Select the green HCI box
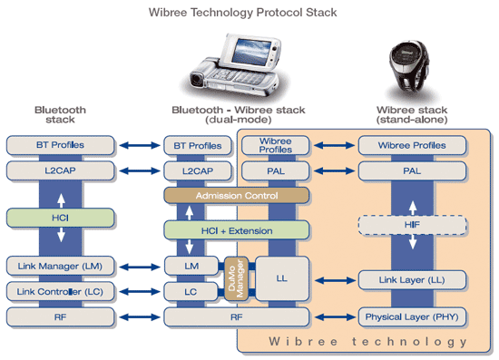(x=60, y=218)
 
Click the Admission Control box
(x=236, y=195)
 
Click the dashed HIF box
(x=413, y=223)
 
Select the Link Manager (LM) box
(x=60, y=266)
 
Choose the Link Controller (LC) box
(x=60, y=291)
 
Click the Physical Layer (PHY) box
(x=413, y=317)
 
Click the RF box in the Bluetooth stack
(x=60, y=317)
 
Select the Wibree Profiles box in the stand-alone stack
(x=413, y=145)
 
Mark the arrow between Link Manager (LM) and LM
(x=138, y=266)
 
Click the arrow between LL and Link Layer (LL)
(x=328, y=278)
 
